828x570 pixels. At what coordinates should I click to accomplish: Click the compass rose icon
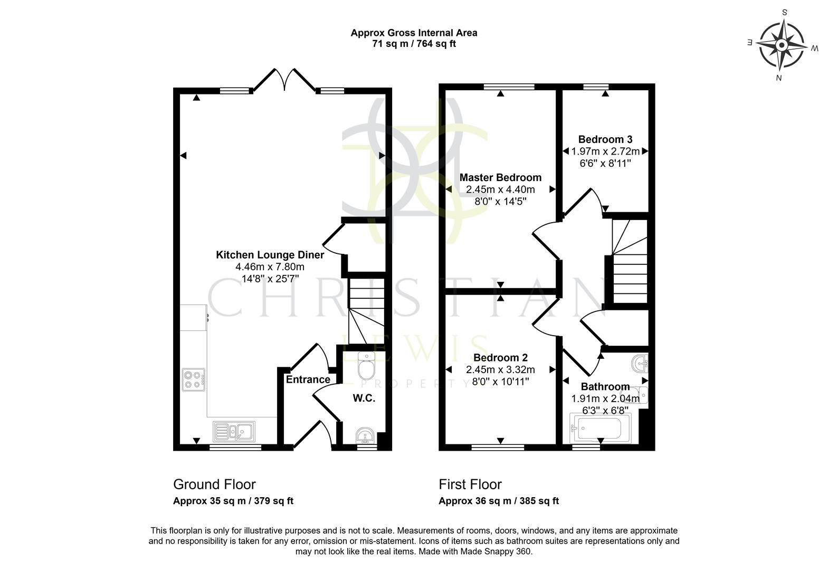coord(782,45)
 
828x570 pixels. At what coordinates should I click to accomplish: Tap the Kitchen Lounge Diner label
coord(270,255)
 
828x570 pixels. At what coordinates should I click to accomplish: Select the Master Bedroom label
coord(500,178)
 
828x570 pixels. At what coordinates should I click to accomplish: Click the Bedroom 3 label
coord(605,139)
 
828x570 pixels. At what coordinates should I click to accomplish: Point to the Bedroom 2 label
coord(500,358)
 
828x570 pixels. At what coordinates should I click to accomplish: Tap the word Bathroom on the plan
coord(605,387)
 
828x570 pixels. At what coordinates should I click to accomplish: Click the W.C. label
coord(364,398)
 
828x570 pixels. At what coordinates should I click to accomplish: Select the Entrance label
coord(308,379)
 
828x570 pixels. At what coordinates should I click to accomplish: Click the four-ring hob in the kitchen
coord(193,380)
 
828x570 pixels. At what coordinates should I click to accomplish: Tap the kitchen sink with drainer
coord(234,432)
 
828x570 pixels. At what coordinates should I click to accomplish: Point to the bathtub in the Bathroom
coord(601,428)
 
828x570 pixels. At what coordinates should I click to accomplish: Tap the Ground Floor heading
coord(214,484)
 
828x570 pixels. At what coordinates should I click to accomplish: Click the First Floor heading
coord(470,484)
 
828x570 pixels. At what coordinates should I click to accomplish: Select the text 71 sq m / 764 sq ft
coord(414,44)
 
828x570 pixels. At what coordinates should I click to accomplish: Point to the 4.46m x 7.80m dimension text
coord(270,267)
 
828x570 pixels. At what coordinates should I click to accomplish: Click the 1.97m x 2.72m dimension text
coord(605,151)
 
